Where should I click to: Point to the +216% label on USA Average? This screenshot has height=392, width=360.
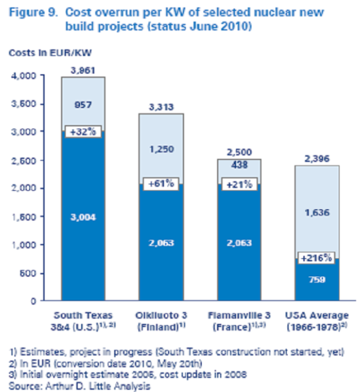317,258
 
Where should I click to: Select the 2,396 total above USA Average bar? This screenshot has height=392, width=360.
317,159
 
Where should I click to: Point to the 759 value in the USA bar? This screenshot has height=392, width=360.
317,281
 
